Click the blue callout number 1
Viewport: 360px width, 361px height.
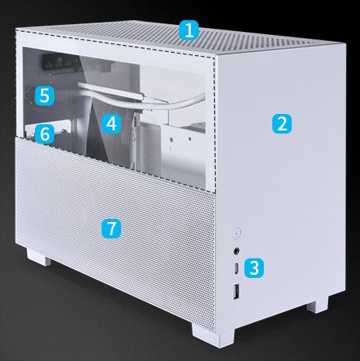coord(189,31)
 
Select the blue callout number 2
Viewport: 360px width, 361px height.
coord(282,122)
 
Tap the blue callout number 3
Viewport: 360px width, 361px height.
coord(254,269)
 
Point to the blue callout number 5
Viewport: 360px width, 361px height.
coord(45,95)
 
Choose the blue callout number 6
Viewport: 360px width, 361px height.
coord(45,134)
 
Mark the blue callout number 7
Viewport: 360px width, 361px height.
coord(112,227)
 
